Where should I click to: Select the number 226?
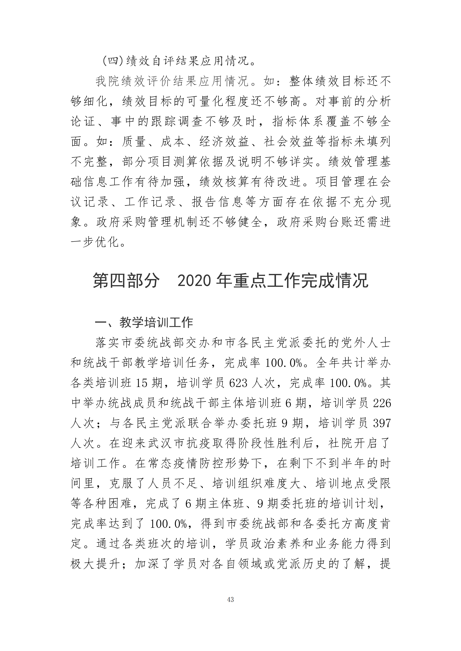coord(382,403)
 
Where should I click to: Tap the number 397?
coord(382,423)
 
